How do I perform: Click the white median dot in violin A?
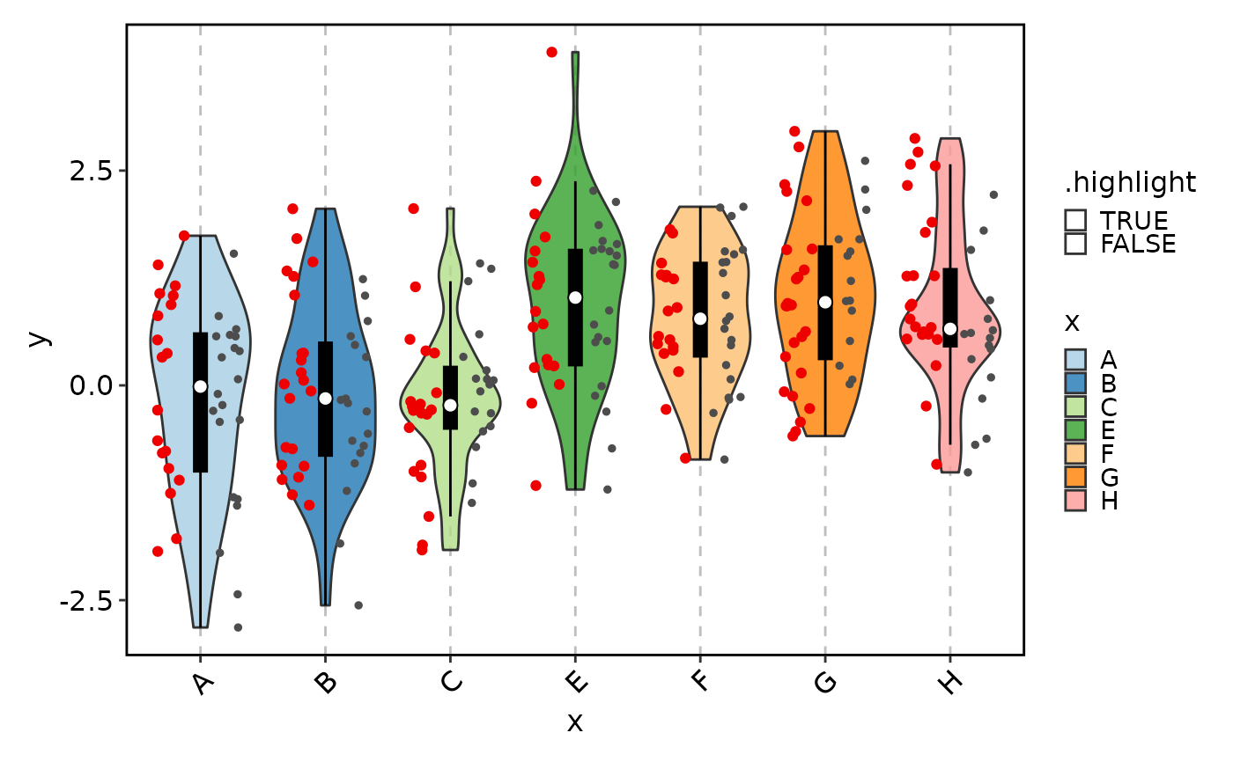(x=200, y=386)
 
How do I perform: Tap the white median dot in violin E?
(x=575, y=297)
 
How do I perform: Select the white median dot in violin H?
(x=950, y=329)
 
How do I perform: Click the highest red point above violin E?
(x=552, y=52)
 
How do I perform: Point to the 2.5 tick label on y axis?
(x=92, y=170)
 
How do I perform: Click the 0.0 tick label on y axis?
(x=92, y=385)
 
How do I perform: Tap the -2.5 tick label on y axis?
(x=86, y=601)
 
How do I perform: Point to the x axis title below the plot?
(x=575, y=723)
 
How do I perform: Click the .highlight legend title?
(x=1130, y=182)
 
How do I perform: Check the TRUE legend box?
(x=1075, y=220)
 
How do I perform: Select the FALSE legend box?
(x=1075, y=243)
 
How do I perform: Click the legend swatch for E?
(x=1075, y=430)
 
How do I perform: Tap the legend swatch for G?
(x=1075, y=478)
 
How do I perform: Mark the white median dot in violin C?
(x=450, y=405)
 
